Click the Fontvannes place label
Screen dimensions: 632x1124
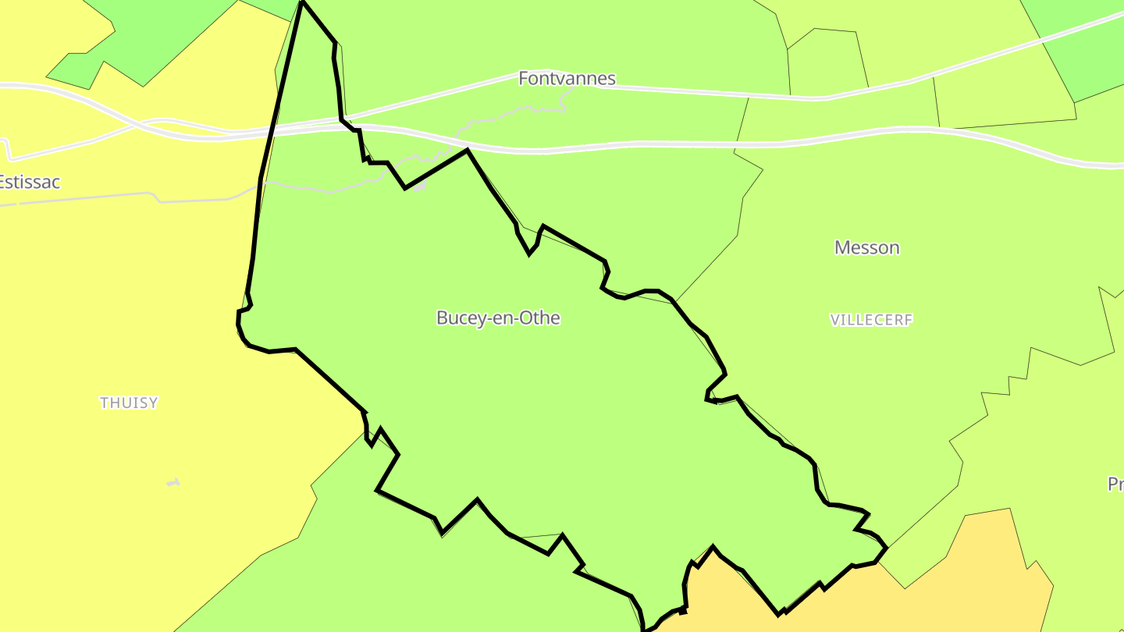tap(567, 79)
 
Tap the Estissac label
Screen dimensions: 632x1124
tap(29, 183)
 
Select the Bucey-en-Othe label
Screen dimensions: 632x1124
tap(498, 318)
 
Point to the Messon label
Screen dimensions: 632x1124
tap(866, 248)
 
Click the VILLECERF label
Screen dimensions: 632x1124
tap(871, 320)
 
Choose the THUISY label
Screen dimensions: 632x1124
tap(129, 403)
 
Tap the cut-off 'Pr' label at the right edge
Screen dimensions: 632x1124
tap(1115, 485)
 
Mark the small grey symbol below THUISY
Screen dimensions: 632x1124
tap(173, 483)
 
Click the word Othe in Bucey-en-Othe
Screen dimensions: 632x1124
tap(543, 318)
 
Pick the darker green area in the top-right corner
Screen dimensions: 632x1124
tap(1085, 47)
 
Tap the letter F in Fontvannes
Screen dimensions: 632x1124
tap(523, 79)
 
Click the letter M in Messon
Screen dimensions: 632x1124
tap(841, 248)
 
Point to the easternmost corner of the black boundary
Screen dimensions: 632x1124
tap(887, 548)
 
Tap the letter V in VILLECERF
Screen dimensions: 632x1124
tap(834, 320)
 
